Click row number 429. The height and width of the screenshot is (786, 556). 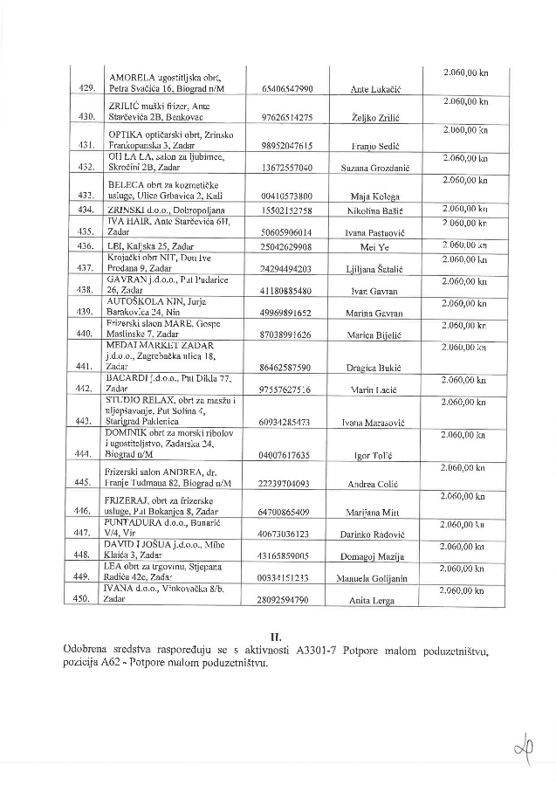pos(86,89)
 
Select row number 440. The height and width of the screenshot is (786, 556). pos(86,334)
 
